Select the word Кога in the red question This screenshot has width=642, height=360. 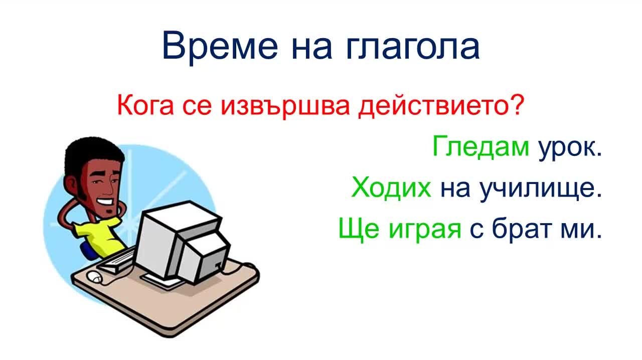pos(145,105)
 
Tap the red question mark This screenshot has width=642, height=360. pos(516,104)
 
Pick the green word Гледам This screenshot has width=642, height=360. pos(480,147)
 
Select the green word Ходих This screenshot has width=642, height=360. pos(391,188)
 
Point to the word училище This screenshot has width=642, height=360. pos(540,189)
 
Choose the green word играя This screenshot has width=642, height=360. pos(424,231)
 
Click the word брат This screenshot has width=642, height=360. pos(522,229)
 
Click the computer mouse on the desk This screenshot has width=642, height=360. pos(95,277)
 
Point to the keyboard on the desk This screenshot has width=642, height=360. pos(116,261)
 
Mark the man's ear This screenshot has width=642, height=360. pos(71,184)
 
